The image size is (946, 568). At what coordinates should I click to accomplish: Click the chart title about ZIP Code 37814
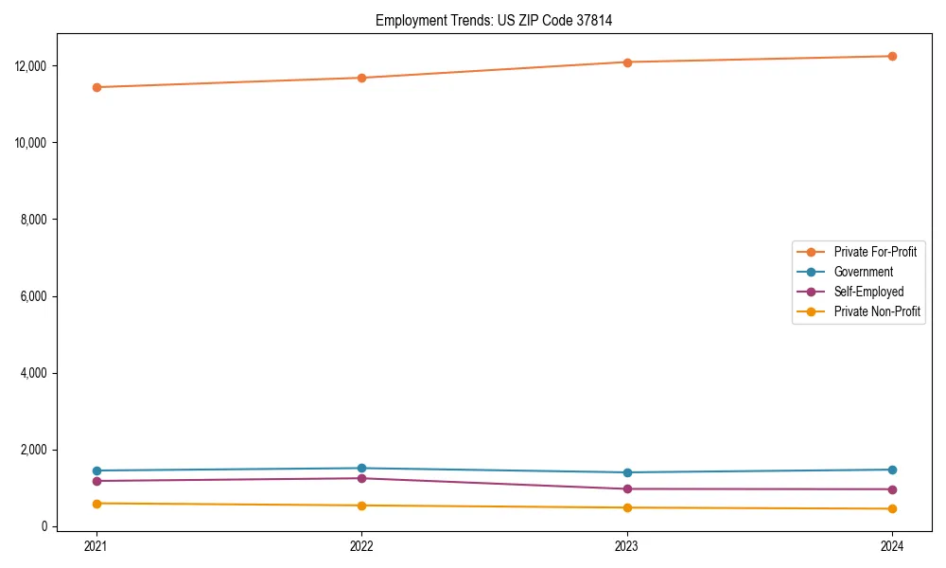[x=494, y=20]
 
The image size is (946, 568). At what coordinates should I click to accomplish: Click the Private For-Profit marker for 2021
[x=96, y=87]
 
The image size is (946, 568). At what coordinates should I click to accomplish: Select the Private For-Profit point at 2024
[x=892, y=56]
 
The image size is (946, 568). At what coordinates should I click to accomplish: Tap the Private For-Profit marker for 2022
[x=361, y=78]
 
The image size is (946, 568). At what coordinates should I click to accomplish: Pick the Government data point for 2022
[x=361, y=468]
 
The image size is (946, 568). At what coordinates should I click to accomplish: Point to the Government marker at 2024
[x=892, y=470]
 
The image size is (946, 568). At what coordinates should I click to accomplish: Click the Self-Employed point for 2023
[x=627, y=488]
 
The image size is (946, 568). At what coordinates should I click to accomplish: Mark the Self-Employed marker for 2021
[x=96, y=481]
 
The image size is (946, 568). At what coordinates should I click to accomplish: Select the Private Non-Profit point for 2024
[x=892, y=508]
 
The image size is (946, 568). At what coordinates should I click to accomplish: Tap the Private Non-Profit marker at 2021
[x=96, y=504]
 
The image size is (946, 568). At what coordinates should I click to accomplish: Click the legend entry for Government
[x=863, y=272]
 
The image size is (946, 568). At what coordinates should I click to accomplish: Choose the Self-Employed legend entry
[x=868, y=292]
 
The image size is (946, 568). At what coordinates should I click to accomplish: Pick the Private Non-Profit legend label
[x=877, y=311]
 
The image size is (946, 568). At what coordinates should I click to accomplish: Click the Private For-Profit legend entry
[x=875, y=252]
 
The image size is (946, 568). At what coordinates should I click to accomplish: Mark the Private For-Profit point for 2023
[x=627, y=62]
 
